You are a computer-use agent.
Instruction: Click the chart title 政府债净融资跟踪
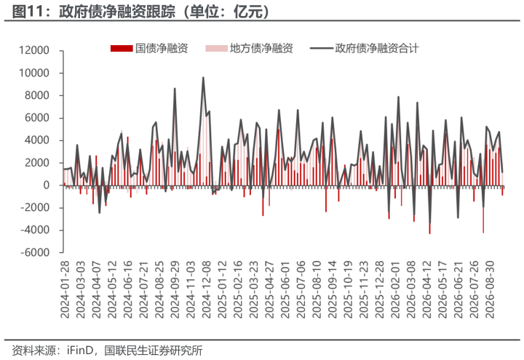point(117,12)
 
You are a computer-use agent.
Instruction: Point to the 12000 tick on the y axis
point(34,50)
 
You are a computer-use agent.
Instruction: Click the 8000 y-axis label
point(37,95)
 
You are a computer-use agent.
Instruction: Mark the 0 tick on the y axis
point(47,185)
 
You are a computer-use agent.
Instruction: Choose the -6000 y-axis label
point(35,252)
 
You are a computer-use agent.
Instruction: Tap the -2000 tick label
point(35,208)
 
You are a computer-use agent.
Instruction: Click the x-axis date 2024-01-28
point(65,289)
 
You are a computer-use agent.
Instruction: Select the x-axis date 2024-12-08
point(207,289)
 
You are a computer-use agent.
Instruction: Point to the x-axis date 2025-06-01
point(285,289)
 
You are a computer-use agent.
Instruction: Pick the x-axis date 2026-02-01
point(395,289)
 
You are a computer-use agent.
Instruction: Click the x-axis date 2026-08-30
point(490,289)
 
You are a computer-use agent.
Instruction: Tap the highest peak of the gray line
point(203,78)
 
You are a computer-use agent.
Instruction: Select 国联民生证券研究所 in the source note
point(154,351)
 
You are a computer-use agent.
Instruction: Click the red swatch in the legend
point(122,49)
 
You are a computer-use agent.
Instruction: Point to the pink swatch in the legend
point(216,49)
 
